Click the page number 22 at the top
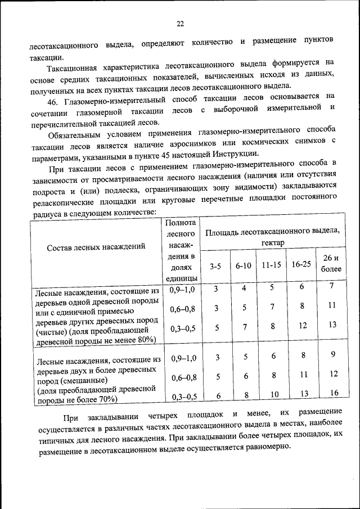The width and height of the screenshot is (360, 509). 180,24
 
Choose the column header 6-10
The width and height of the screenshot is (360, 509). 243,265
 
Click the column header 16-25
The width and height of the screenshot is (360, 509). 301,263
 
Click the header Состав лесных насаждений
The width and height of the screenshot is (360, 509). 96,246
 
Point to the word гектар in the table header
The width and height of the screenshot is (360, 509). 272,242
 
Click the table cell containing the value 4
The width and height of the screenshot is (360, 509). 244,288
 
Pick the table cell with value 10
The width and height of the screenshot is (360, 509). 273,395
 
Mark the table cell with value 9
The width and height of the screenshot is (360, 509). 333,354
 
